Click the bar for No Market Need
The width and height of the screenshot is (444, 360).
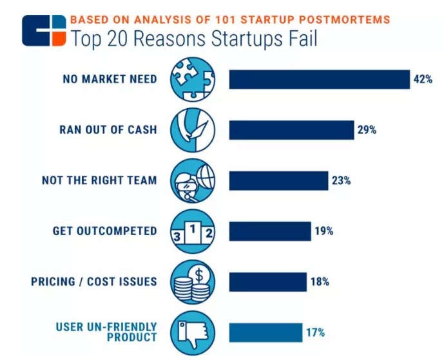pyautogui.click(x=320, y=79)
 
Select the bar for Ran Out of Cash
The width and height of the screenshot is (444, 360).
pyautogui.click(x=291, y=129)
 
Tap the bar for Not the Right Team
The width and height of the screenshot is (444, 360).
pyautogui.click(x=278, y=180)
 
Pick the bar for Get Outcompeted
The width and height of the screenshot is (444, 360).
pyautogui.click(x=269, y=231)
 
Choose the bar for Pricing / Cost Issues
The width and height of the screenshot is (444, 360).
pyautogui.click(x=267, y=281)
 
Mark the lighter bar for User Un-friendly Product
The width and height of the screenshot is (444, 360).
pyautogui.click(x=265, y=332)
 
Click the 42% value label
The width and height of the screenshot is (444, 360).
pyautogui.click(x=423, y=80)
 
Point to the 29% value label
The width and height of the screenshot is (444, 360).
pyautogui.click(x=367, y=130)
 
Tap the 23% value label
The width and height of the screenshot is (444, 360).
pyautogui.click(x=341, y=180)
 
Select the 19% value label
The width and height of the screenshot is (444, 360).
pyautogui.click(x=323, y=231)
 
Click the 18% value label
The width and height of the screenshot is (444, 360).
pyautogui.click(x=320, y=281)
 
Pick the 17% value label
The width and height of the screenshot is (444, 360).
pyautogui.click(x=315, y=332)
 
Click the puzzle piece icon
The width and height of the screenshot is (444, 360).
pyautogui.click(x=192, y=79)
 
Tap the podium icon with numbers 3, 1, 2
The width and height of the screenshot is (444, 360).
pyautogui.click(x=192, y=231)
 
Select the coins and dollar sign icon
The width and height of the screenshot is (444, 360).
pyautogui.click(x=192, y=281)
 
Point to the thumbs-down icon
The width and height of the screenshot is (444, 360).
pyautogui.click(x=192, y=332)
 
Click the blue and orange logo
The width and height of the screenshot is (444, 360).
pyautogui.click(x=44, y=30)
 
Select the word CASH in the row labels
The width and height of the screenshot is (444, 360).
pyautogui.click(x=142, y=129)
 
